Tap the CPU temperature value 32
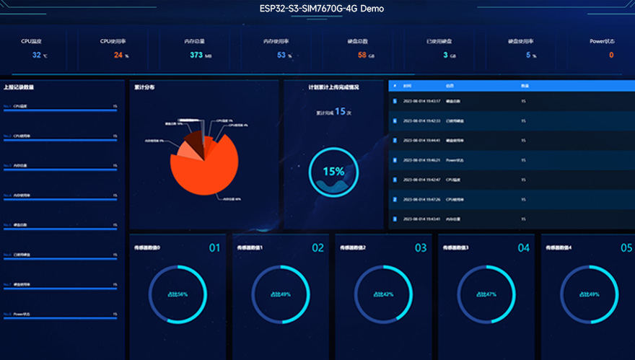click(x=36, y=55)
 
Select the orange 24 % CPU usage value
click(x=118, y=55)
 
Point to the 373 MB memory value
click(x=196, y=55)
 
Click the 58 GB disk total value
click(x=362, y=55)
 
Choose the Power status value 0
click(x=610, y=55)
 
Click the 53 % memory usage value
click(x=281, y=55)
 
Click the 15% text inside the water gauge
click(x=333, y=172)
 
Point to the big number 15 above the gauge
click(x=340, y=112)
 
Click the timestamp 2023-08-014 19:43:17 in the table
click(x=421, y=100)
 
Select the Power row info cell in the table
click(x=454, y=159)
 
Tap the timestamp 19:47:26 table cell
click(x=421, y=199)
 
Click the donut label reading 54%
click(x=178, y=294)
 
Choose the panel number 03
click(x=421, y=248)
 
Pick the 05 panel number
click(x=626, y=248)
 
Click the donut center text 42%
click(x=384, y=294)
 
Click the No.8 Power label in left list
click(x=21, y=314)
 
